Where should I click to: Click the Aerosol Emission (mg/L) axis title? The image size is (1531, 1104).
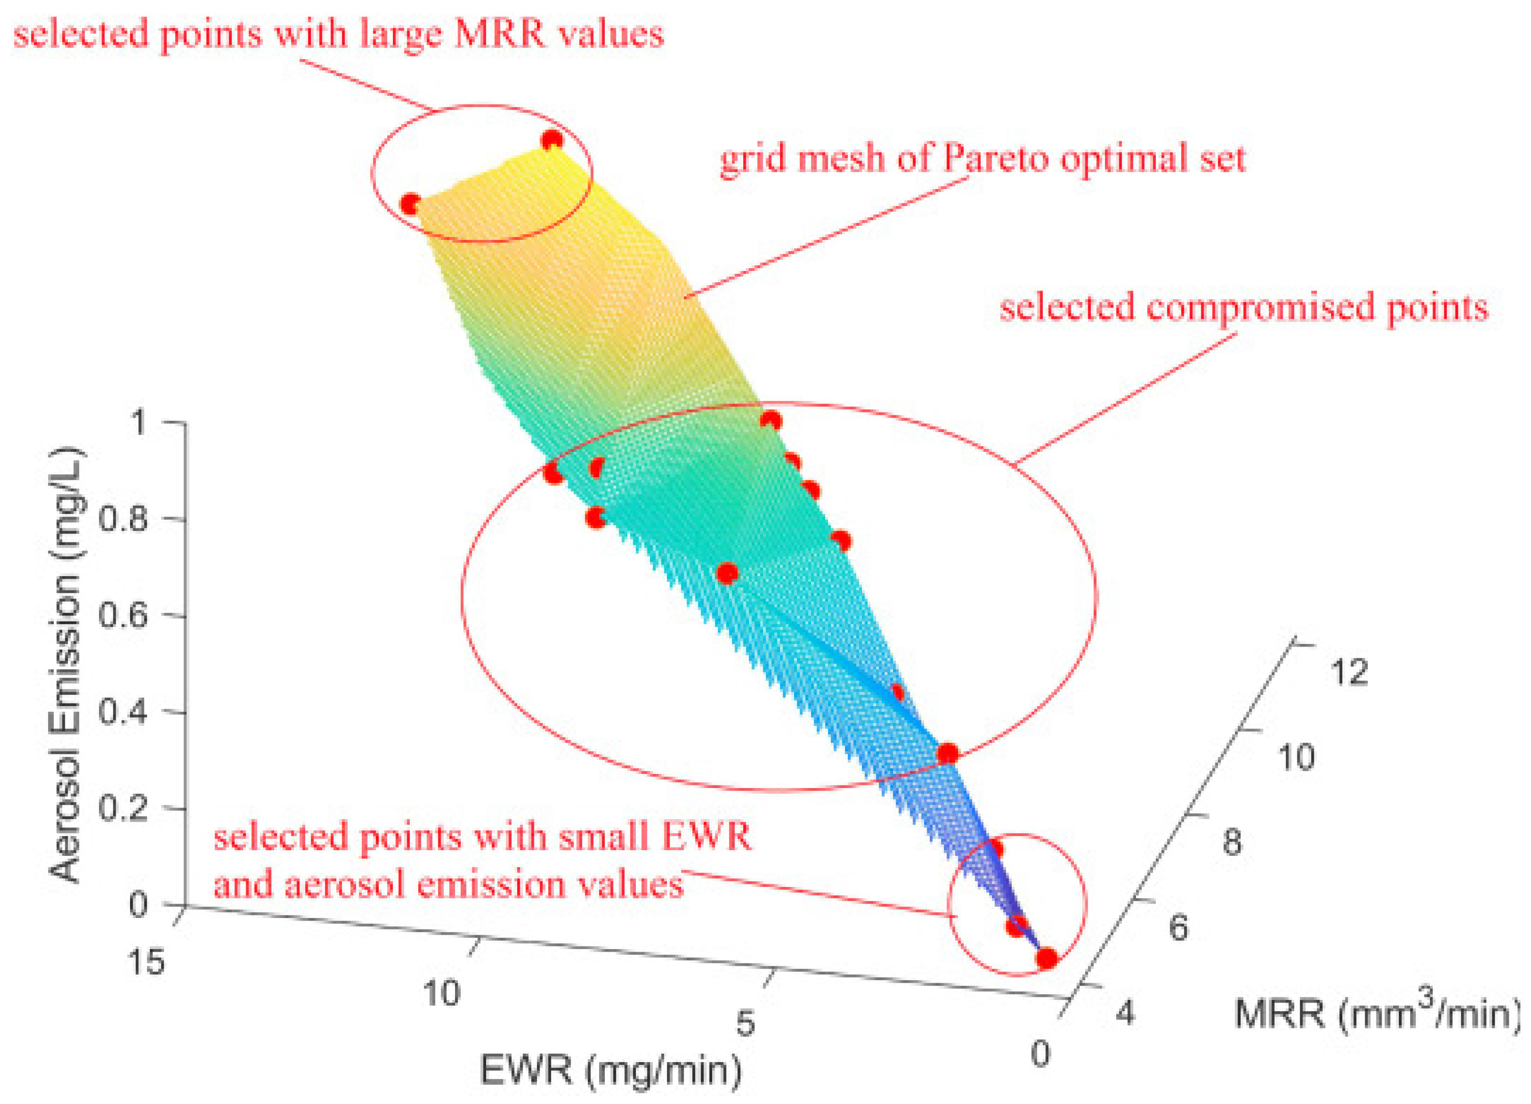point(67,664)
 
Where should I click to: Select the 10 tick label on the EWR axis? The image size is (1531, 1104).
point(442,993)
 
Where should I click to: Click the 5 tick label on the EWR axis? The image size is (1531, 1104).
point(745,1024)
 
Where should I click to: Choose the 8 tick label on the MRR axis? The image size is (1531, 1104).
point(1232,843)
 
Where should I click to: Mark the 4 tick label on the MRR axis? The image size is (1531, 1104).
point(1125,1013)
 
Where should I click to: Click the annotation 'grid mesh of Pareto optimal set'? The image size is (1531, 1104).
point(982,159)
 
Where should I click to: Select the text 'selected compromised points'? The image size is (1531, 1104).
point(1243,308)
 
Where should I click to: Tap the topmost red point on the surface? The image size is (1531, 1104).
point(552,140)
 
